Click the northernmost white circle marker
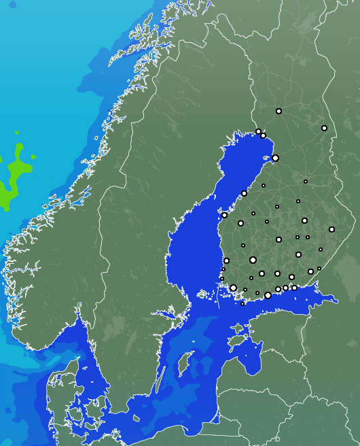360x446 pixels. coord(278,111)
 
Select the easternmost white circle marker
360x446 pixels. coord(331,229)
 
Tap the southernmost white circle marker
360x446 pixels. coord(242,304)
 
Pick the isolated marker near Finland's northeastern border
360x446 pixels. coord(324,128)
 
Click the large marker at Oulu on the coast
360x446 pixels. coord(275,158)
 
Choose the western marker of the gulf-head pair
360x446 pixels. coord(258,131)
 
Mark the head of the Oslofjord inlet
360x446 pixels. coord(78,314)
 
